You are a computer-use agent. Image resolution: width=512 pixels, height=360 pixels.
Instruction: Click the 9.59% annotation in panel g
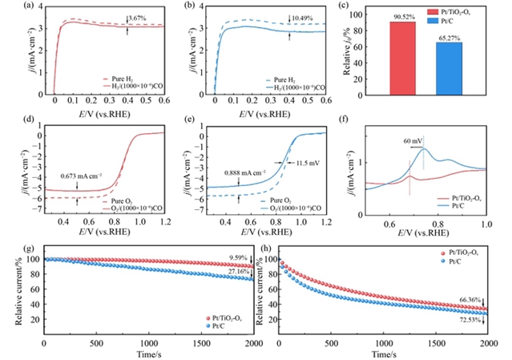click(x=238, y=258)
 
